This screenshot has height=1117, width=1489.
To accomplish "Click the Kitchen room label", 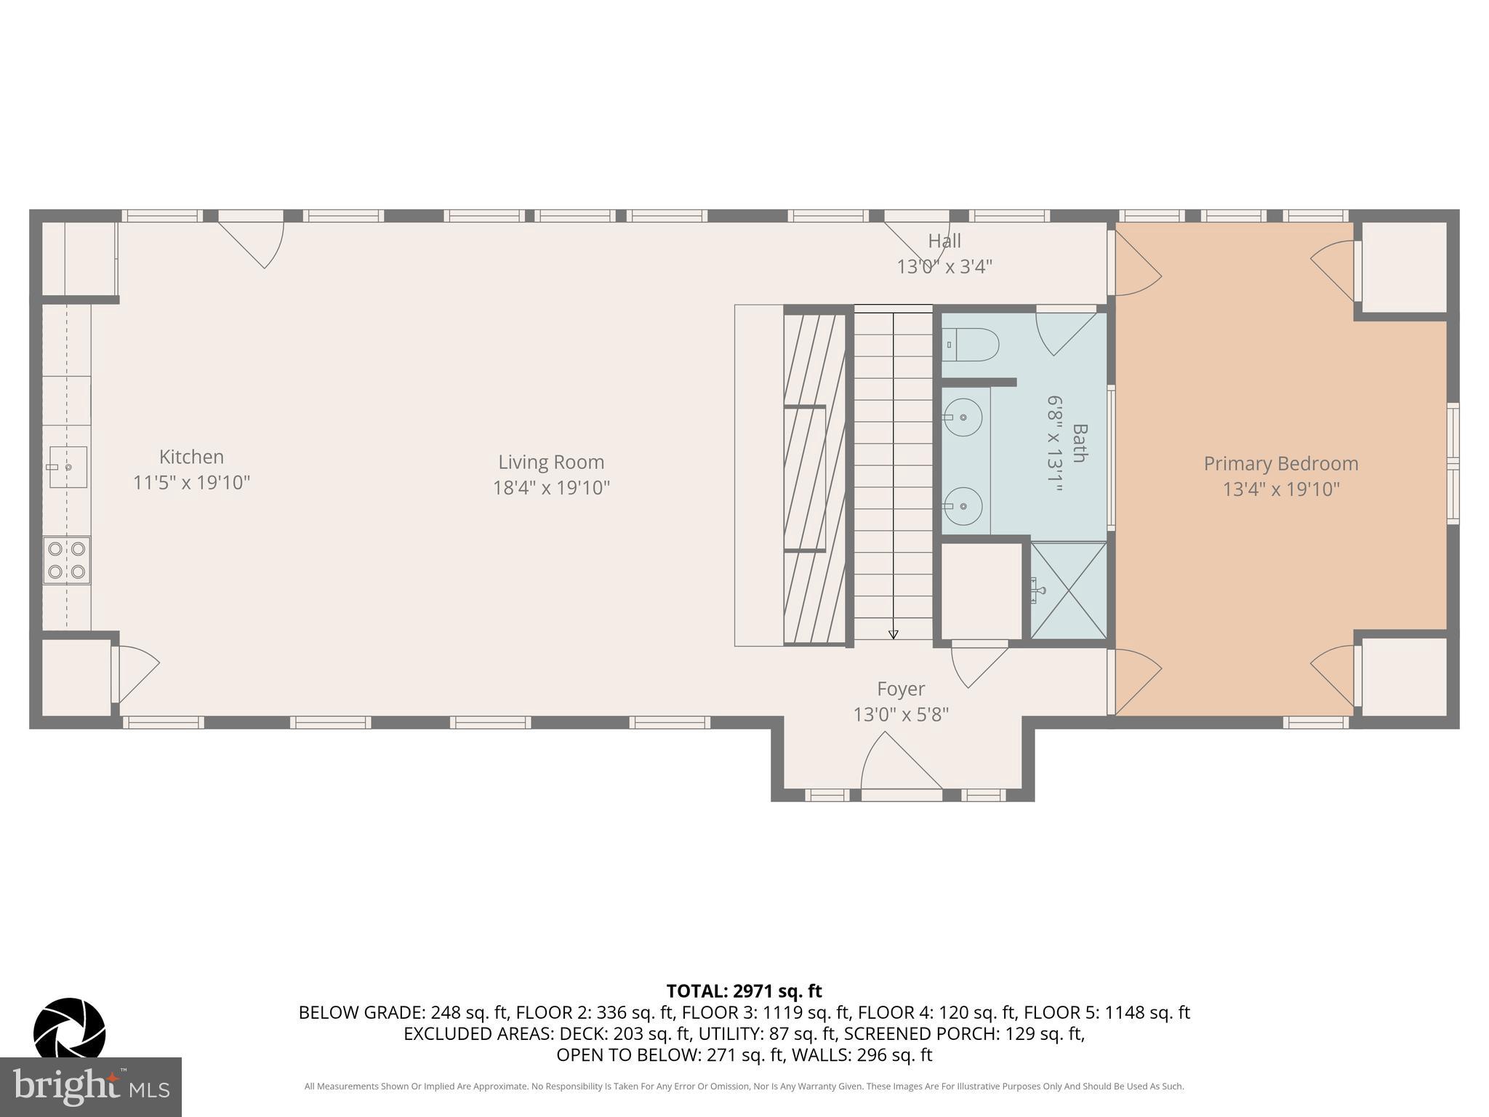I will tap(191, 457).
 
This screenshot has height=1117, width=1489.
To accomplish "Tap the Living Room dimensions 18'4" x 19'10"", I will tap(551, 488).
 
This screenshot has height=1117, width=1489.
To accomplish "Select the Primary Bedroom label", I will tap(1280, 464).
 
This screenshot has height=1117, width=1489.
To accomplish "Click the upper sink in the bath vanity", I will tap(963, 417).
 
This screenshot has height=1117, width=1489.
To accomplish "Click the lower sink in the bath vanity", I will tap(963, 505).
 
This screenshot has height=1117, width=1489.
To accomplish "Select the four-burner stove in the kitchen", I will tap(67, 560).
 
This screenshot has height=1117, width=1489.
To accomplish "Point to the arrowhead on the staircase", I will tap(894, 634).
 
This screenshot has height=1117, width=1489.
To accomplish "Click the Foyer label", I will tap(901, 689).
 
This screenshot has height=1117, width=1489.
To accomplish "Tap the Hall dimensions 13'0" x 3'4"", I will tap(944, 267).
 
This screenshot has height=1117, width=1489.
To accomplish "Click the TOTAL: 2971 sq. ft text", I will tap(744, 990).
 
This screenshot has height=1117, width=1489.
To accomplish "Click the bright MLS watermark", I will tap(91, 1086).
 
